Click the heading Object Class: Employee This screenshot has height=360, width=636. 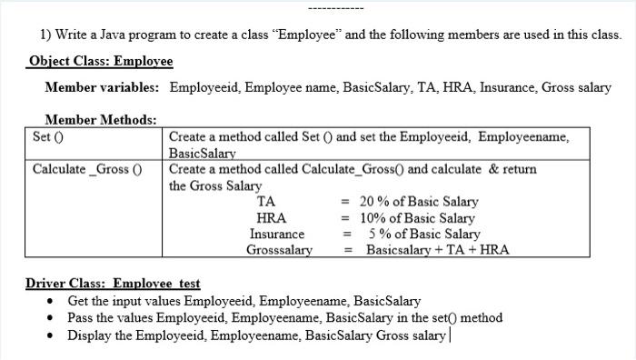[x=100, y=61]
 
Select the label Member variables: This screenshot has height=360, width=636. [x=102, y=87]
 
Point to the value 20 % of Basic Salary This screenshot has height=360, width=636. [x=419, y=202]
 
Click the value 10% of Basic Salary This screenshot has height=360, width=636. [x=417, y=218]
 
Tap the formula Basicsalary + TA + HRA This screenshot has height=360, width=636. [x=437, y=249]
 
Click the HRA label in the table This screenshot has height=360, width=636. [x=272, y=218]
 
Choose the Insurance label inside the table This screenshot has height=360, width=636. [x=277, y=234]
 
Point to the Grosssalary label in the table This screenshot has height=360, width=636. [x=279, y=249]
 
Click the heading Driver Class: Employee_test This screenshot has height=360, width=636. [x=113, y=284]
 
